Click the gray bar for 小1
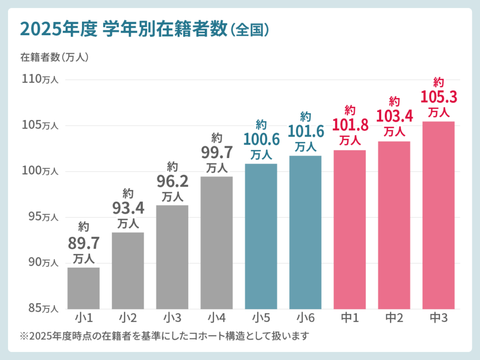click(83, 288)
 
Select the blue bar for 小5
click(261, 236)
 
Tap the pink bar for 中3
click(438, 215)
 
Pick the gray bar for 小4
click(217, 242)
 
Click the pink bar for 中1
click(350, 229)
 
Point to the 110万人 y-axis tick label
click(40, 79)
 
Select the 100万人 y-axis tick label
click(40, 171)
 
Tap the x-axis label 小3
click(172, 318)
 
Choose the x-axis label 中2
click(394, 318)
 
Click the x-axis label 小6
click(306, 318)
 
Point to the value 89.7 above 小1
click(84, 243)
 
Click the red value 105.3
click(438, 97)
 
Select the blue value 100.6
click(261, 139)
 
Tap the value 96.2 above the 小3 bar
click(172, 181)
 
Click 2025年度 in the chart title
click(52, 29)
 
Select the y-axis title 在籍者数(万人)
click(54, 57)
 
